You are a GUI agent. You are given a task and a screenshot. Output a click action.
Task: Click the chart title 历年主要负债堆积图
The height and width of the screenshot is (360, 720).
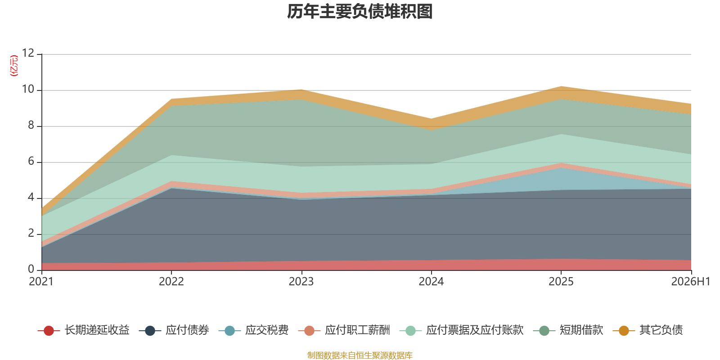(x=360, y=12)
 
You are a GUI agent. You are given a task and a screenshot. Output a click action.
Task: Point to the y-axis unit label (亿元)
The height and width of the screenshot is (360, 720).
(x=14, y=66)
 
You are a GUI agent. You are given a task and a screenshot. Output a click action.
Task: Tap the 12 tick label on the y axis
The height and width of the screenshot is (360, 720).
(x=28, y=53)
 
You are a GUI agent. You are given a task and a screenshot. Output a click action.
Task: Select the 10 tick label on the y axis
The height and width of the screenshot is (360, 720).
(x=28, y=89)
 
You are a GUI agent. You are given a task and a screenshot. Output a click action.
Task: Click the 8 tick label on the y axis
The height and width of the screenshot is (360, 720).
(x=31, y=125)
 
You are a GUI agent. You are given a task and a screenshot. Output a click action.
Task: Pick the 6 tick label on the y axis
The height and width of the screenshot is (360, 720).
(x=31, y=161)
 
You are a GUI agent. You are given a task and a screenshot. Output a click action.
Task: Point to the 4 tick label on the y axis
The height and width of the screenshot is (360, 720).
(x=31, y=197)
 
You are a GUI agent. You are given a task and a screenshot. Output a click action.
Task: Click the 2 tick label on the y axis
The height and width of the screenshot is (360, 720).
(x=31, y=233)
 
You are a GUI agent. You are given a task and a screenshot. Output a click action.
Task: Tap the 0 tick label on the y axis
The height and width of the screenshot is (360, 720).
(x=31, y=269)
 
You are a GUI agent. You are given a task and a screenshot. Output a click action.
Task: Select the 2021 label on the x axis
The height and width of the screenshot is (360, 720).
(x=41, y=282)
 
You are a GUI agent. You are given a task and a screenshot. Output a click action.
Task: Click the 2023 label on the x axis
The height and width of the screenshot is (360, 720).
(x=301, y=282)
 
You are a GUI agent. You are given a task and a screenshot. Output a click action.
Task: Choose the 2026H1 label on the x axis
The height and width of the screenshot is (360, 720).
(x=690, y=282)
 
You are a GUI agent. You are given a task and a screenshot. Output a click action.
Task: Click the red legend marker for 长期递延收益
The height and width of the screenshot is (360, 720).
(x=49, y=330)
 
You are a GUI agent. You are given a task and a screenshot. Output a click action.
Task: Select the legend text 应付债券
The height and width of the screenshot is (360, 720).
(x=187, y=330)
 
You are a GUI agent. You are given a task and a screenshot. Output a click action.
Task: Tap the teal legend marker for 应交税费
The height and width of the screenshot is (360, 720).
(x=229, y=330)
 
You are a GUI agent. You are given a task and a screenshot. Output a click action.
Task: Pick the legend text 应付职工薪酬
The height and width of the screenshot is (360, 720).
(x=357, y=330)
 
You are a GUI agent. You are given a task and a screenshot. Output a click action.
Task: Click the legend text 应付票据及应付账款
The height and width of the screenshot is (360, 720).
(x=475, y=330)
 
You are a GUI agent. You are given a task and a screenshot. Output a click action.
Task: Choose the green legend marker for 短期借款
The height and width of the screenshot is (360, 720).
(x=544, y=330)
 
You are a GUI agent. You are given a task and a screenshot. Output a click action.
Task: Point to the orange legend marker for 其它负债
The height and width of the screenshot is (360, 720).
(x=624, y=330)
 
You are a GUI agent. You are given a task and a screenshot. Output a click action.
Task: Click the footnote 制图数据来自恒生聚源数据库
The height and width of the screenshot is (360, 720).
(x=360, y=355)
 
